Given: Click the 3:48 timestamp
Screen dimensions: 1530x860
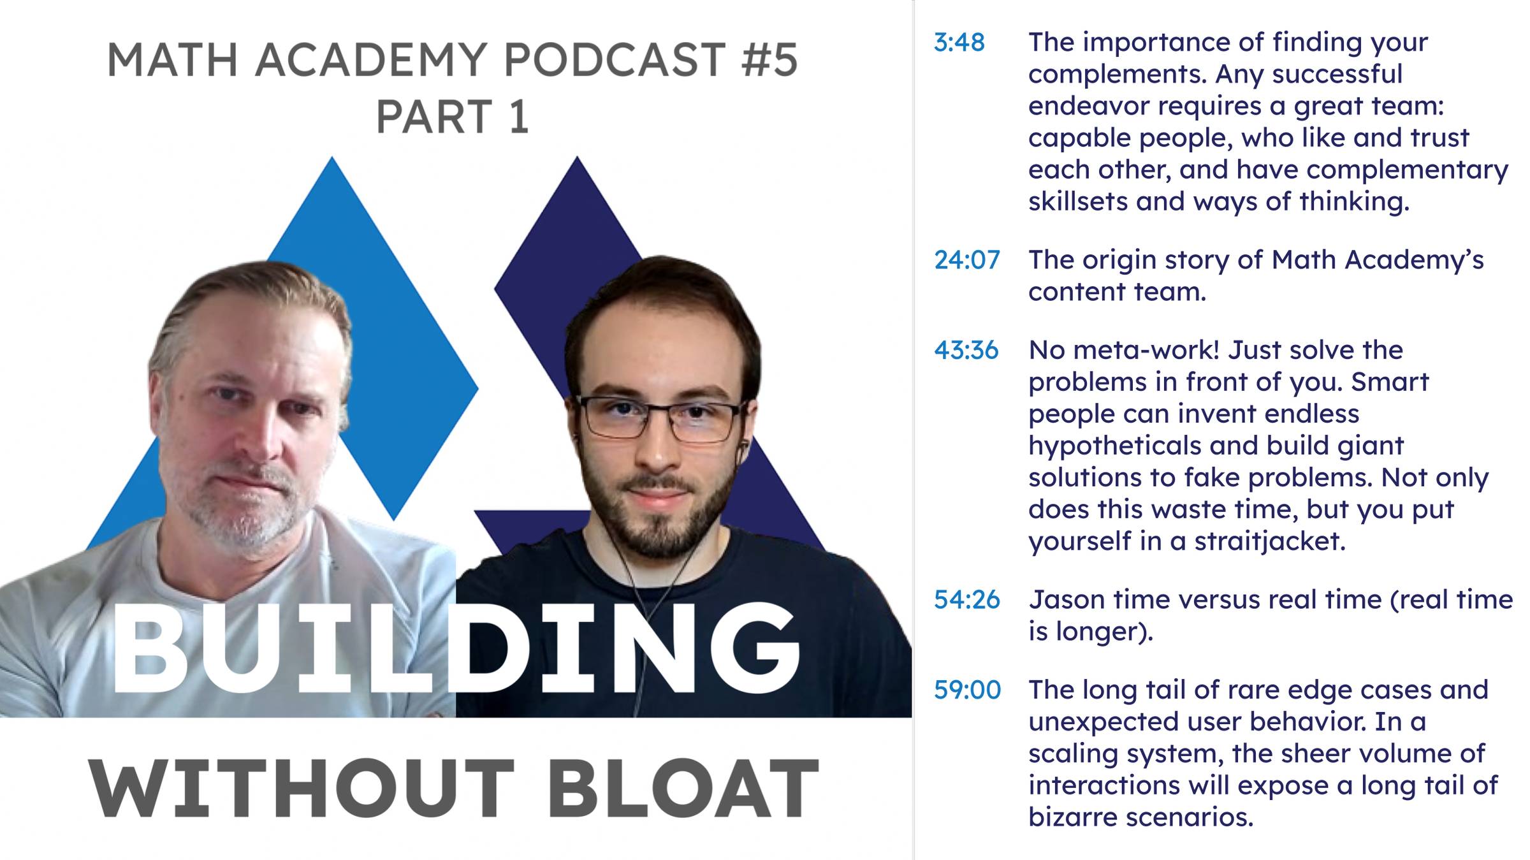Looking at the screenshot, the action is (959, 42).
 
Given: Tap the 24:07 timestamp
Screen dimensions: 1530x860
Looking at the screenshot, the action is (966, 259).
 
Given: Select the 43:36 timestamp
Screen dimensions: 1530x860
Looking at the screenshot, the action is (966, 350).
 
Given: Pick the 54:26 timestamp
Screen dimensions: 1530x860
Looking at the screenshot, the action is (966, 599).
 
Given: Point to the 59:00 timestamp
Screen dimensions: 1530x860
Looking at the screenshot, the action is (967, 690).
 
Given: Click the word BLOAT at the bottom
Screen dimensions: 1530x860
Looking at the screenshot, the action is (682, 789).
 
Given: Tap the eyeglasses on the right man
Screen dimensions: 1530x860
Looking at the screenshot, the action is (660, 418).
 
